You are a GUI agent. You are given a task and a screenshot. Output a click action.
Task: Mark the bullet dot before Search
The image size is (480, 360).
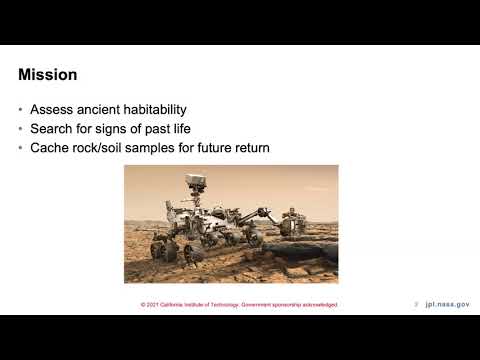[22, 130]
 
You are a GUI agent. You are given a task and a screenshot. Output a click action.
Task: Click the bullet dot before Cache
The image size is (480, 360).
[22, 149]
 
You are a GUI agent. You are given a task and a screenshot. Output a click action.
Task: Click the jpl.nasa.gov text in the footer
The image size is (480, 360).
[447, 303]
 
